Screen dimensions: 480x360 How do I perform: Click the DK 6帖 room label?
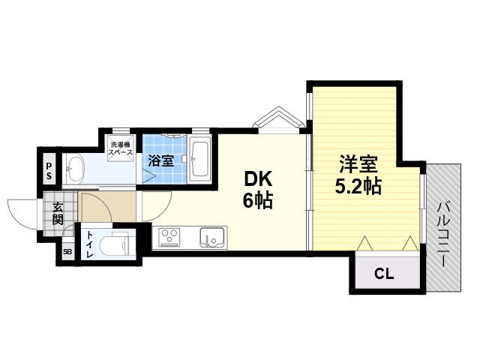click(x=258, y=190)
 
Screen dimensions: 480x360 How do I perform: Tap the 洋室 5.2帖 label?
click(x=358, y=175)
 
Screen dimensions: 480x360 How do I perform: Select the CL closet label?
click(x=384, y=274)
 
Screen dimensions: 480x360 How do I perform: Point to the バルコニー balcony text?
click(x=442, y=234)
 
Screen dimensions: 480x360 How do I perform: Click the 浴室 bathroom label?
click(x=161, y=160)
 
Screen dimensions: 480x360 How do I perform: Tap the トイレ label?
click(x=90, y=244)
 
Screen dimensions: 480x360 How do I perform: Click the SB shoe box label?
click(x=67, y=252)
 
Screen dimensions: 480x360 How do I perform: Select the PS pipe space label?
click(x=49, y=171)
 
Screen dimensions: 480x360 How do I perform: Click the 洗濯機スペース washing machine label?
click(x=121, y=148)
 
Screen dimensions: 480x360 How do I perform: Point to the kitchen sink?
click(x=212, y=238)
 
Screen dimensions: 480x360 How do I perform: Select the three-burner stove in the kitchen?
click(x=169, y=238)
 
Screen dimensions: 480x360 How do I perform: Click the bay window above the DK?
click(x=278, y=120)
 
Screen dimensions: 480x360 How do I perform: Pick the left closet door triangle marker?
click(x=364, y=244)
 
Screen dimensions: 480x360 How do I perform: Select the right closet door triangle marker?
click(x=410, y=244)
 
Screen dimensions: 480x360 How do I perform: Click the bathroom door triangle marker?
click(x=148, y=177)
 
